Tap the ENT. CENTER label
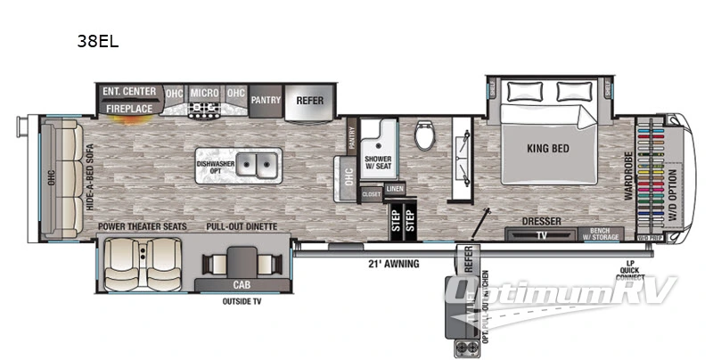[x=130, y=91]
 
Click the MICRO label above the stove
[x=204, y=92]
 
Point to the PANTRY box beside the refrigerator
[x=265, y=101]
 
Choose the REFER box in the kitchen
[x=309, y=101]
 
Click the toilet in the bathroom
[x=425, y=138]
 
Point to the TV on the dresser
[x=541, y=235]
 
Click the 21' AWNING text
[x=393, y=263]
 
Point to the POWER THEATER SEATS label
[x=143, y=226]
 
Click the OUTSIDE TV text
[x=241, y=301]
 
